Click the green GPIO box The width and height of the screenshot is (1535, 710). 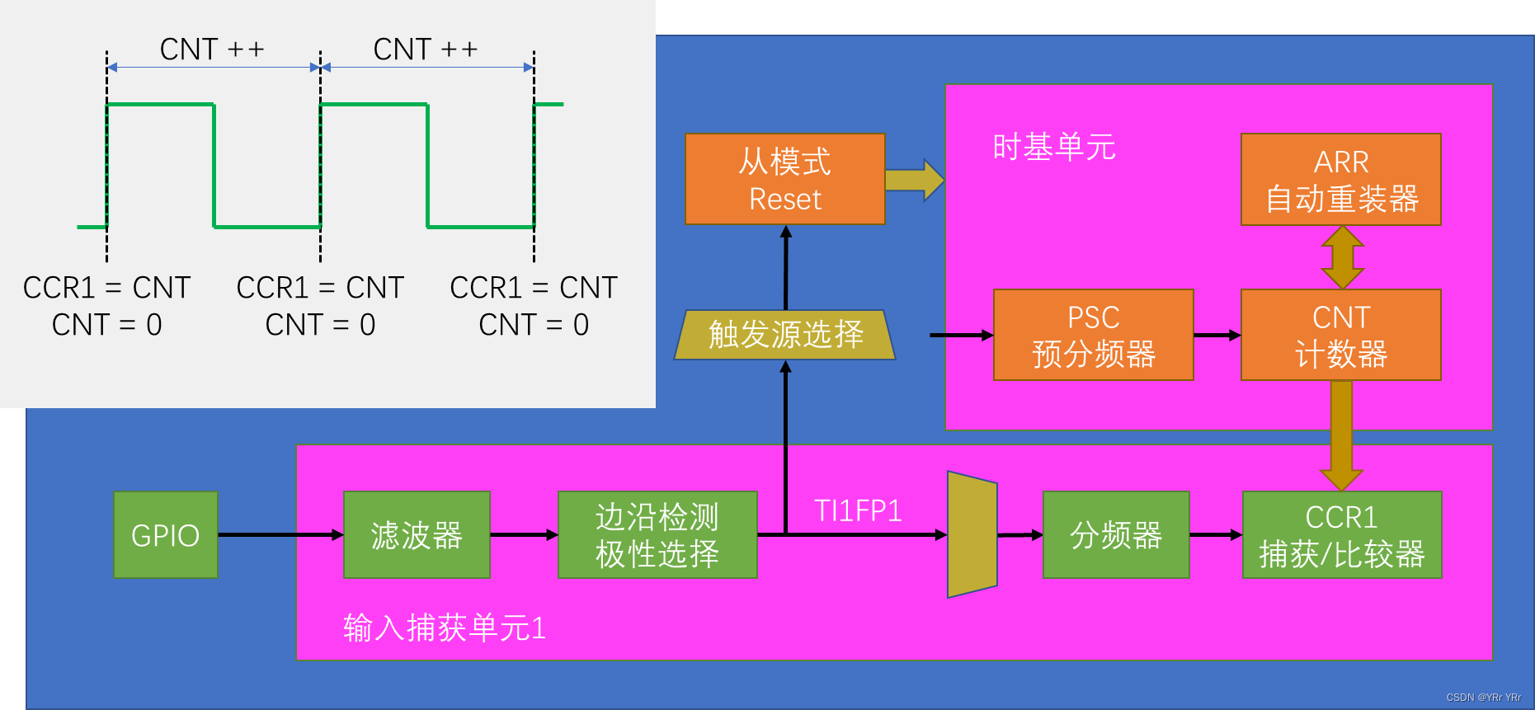tap(166, 534)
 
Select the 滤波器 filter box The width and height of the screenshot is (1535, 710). tap(417, 534)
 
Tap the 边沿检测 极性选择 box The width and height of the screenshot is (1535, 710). tap(657, 534)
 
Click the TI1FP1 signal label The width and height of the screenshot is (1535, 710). tap(858, 511)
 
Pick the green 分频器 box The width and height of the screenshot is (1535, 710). tap(1116, 534)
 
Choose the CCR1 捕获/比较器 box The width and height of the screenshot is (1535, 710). tap(1342, 534)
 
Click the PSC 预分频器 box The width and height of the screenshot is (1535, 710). tap(1093, 335)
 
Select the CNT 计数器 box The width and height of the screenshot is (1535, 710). tap(1340, 335)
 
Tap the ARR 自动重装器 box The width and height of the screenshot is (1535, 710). tap(1340, 179)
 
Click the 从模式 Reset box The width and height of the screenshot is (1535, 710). tap(784, 179)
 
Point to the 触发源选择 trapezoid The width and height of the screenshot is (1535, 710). tap(784, 335)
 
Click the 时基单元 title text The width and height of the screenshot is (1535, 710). tap(1053, 148)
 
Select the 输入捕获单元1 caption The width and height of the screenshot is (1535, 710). tap(445, 628)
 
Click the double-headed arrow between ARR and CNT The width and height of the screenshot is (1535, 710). tap(1342, 257)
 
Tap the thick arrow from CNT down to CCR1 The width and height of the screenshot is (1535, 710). tap(1341, 435)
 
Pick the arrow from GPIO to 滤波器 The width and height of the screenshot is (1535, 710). tap(280, 534)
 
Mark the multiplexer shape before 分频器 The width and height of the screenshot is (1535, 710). tap(972, 534)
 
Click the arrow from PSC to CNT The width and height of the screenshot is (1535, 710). tap(1217, 335)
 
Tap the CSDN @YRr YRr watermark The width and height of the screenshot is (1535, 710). tap(1483, 698)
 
